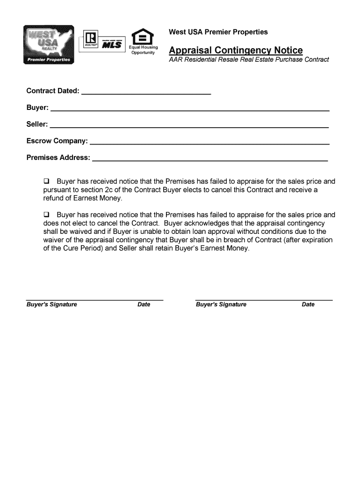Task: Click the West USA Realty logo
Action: (49, 45)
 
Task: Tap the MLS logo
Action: (112, 45)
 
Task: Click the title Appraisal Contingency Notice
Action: (236, 50)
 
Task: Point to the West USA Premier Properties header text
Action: (218, 32)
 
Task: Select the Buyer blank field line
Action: (190, 110)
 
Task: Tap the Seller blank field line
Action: (189, 127)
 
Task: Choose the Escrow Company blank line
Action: (209, 143)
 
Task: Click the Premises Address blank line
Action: (210, 160)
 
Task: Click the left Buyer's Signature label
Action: (51, 305)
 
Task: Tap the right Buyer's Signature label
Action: (221, 305)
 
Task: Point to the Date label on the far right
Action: (308, 305)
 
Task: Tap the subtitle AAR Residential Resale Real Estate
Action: (249, 59)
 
